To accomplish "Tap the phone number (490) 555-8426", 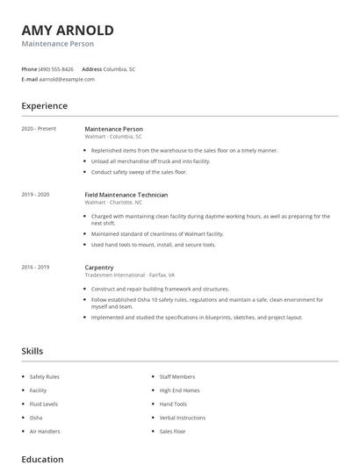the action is click(x=56, y=68).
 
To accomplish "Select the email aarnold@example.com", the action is click(x=67, y=79).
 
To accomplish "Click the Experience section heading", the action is click(x=44, y=106).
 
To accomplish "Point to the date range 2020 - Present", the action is click(x=39, y=129).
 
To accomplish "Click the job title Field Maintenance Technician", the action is click(x=126, y=195).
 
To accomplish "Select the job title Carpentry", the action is click(x=98, y=267).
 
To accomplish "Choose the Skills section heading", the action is click(x=32, y=351).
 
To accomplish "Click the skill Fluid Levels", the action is click(x=44, y=404).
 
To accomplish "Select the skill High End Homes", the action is click(x=179, y=390).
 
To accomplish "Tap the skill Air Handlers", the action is click(x=44, y=432).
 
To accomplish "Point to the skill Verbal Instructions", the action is click(x=182, y=418).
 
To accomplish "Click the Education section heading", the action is click(x=42, y=459).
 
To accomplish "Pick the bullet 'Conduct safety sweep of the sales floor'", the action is click(x=139, y=172).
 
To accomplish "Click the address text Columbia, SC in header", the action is click(x=119, y=68).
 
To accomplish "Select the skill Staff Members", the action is click(x=177, y=376).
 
